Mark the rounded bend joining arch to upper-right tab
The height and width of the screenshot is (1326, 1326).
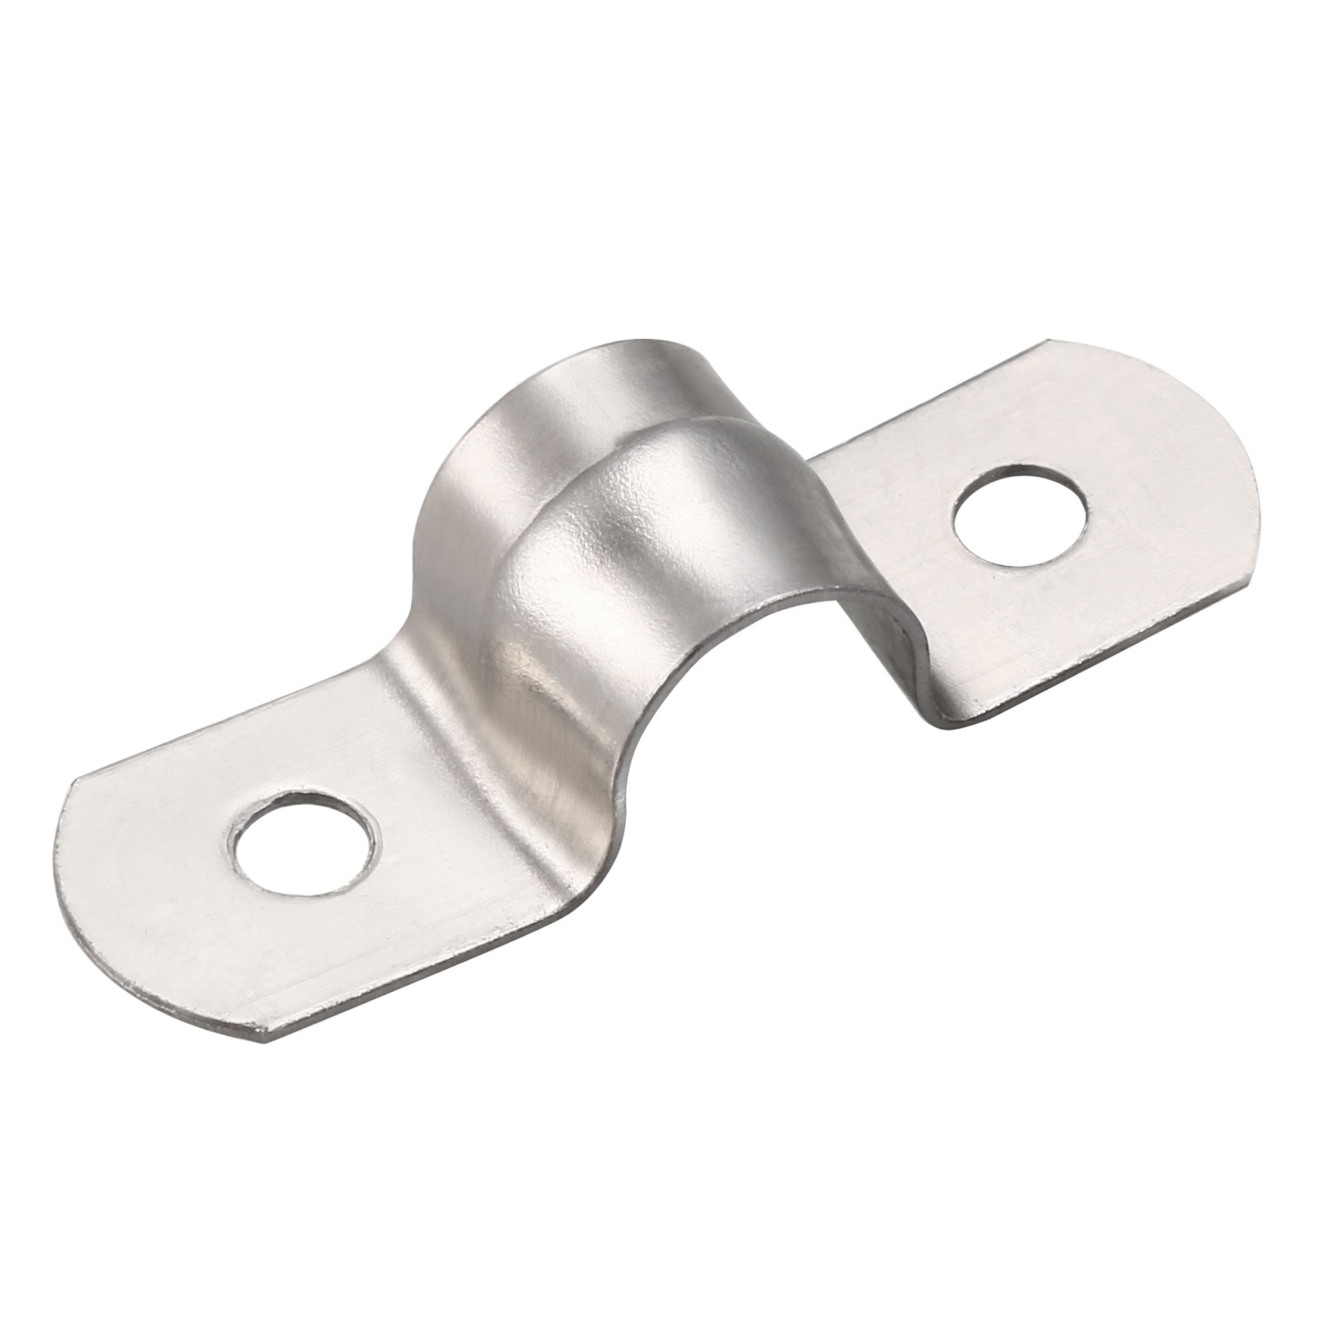click(878, 583)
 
